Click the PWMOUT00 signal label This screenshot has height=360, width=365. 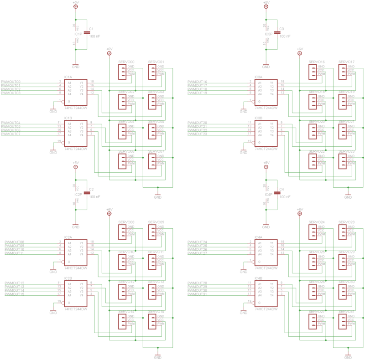[x=11, y=82]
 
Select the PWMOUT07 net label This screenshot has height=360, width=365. [x=11, y=134]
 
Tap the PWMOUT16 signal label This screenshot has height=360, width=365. [x=197, y=82]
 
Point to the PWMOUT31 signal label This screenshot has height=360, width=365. [x=197, y=294]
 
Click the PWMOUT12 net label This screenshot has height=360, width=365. [x=14, y=283]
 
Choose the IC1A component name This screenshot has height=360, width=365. [x=68, y=77]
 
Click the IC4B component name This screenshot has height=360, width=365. [x=259, y=278]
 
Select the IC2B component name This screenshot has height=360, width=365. [x=68, y=278]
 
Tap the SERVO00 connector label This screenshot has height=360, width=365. [x=126, y=62]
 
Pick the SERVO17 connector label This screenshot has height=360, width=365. [x=347, y=62]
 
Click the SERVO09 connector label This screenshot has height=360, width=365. [x=156, y=222]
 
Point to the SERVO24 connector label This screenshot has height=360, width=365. [x=317, y=222]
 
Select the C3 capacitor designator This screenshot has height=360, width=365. [x=282, y=29]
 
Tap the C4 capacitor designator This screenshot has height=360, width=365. [x=282, y=189]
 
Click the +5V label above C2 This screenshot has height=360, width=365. [x=76, y=163]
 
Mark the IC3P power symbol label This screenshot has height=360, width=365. [x=268, y=34]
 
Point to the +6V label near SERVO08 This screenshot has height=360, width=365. [x=109, y=209]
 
